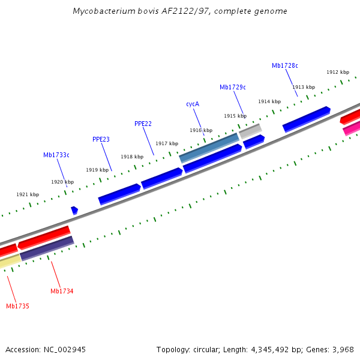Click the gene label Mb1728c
[x=284, y=65]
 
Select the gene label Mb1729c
[x=232, y=87]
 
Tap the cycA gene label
[x=193, y=104]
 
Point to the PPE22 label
[x=143, y=124]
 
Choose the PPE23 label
[x=101, y=139]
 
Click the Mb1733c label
[x=56, y=155]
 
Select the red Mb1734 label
[x=62, y=291]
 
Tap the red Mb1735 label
[x=17, y=306]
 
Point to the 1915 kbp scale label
[x=235, y=116]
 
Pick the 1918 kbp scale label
[x=132, y=157]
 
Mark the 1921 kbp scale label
[x=28, y=194]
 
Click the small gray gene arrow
[x=250, y=130]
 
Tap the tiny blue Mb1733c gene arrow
[x=74, y=210]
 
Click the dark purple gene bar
[x=47, y=248]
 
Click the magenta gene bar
[x=352, y=128]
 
